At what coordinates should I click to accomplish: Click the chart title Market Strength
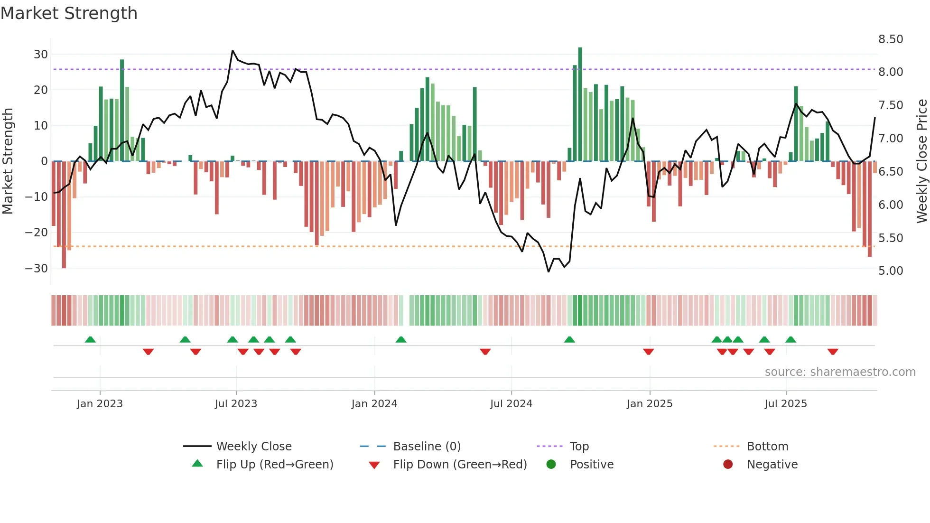69,13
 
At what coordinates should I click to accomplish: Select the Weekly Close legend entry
253,446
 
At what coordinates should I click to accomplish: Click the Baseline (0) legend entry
427,446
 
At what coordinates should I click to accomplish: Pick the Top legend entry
579,446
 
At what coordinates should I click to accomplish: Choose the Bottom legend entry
767,446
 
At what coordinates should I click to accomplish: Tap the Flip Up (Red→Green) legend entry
274,464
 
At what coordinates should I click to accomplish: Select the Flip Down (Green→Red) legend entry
460,464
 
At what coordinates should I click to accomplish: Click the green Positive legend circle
551,464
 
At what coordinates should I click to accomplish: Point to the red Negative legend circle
728,464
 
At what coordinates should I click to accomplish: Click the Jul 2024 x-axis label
511,404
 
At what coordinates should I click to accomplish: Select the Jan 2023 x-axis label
100,404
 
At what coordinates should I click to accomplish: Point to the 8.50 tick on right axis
890,39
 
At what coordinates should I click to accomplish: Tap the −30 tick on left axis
37,268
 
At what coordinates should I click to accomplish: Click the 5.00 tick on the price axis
890,271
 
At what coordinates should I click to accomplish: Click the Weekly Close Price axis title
921,161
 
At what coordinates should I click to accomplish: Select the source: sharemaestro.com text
840,372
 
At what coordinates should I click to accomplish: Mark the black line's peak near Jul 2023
232,50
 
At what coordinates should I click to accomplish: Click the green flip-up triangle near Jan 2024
401,339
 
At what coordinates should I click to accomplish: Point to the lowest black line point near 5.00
549,271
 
